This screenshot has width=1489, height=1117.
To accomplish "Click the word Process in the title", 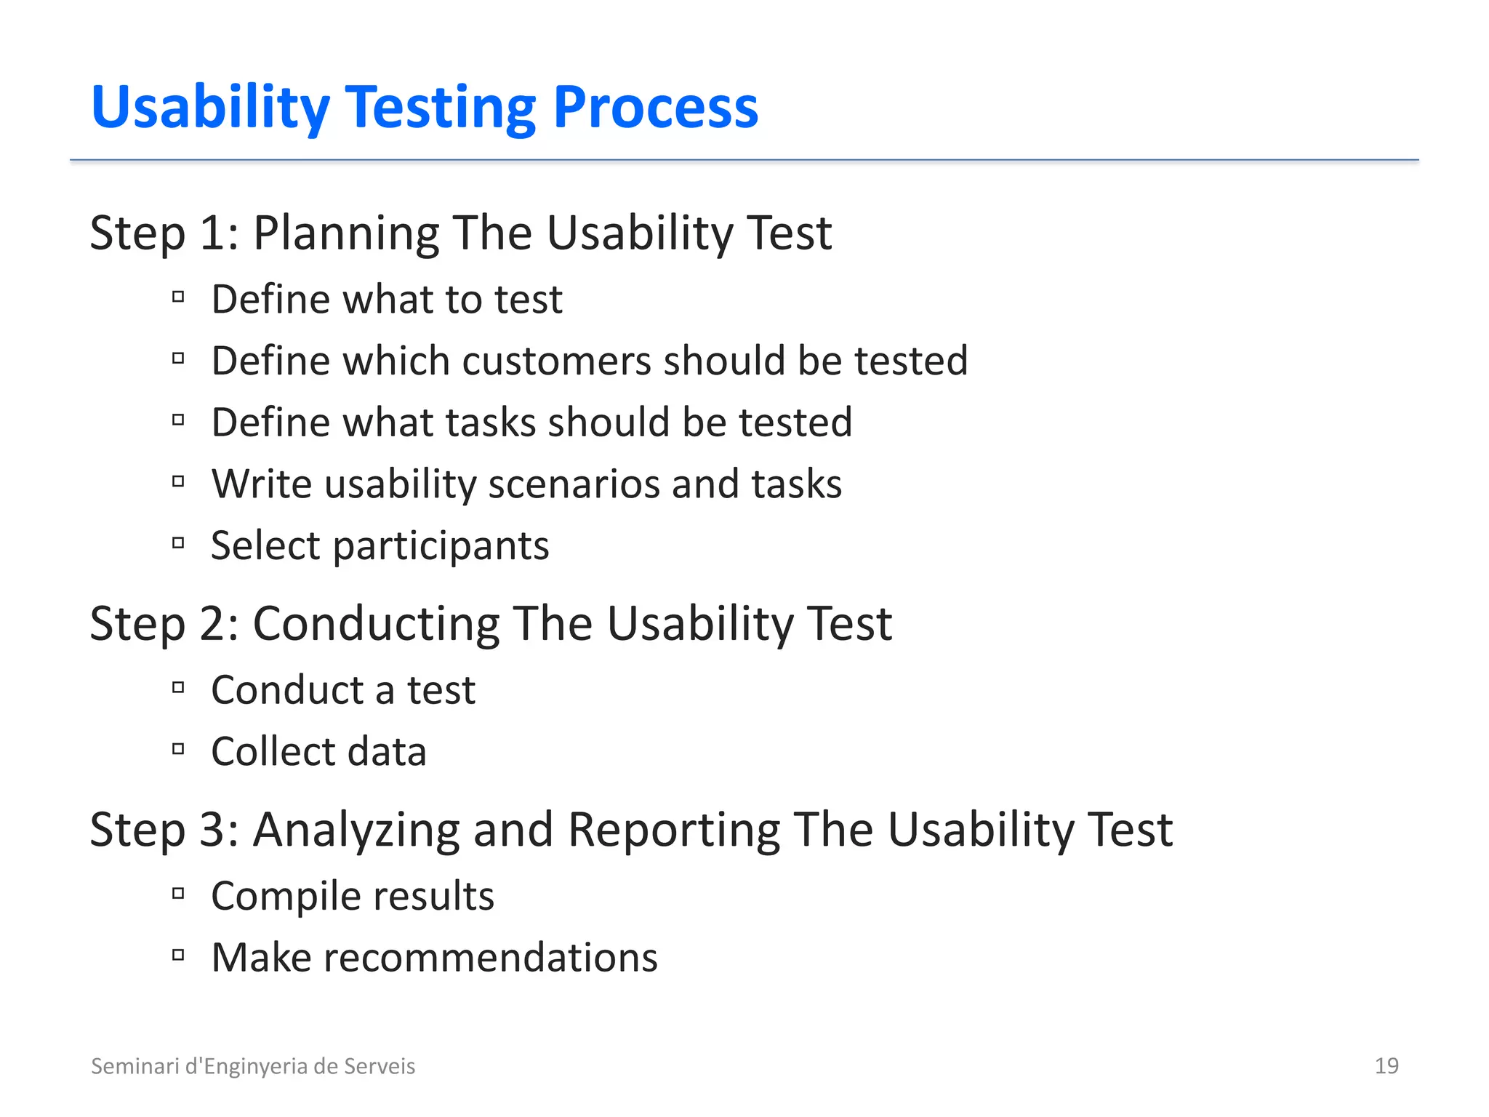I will coord(655,108).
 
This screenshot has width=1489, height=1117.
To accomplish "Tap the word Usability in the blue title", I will coord(210,108).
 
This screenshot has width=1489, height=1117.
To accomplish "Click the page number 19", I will coord(1386,1066).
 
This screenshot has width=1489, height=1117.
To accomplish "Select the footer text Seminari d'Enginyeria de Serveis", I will coord(253,1066).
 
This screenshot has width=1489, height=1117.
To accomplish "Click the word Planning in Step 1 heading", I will coord(345,233).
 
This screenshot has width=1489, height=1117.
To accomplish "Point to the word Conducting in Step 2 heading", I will coord(376,624).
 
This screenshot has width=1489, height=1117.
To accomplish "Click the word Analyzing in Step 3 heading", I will coord(356,830).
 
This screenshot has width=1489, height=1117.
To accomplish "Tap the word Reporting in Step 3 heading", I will coord(674,830).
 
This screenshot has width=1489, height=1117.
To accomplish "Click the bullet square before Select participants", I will coord(178,543).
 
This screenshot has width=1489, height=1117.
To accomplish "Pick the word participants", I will coord(441,546).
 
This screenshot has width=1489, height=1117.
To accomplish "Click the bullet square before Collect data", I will coord(178,749).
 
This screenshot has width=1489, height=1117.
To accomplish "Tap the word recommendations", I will coord(490,958).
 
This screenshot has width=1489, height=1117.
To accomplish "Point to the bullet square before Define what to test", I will coord(178,297).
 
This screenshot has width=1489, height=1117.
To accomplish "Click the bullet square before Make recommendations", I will coord(178,955).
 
